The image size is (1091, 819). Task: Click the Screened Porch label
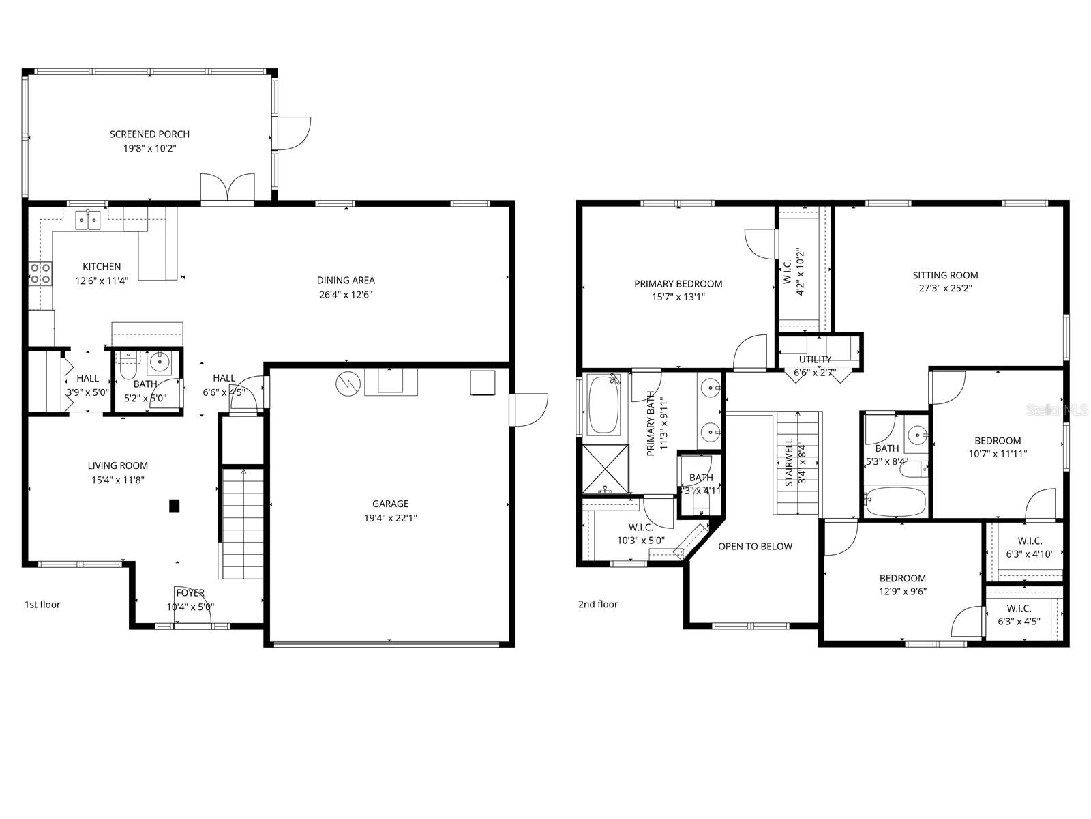150,134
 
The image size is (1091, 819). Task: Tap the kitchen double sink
87,220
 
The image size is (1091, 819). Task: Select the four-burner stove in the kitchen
40,274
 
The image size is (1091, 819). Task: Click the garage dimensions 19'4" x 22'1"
390,518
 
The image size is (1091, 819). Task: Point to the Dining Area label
346,280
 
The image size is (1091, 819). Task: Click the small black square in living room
175,506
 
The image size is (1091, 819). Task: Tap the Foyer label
190,593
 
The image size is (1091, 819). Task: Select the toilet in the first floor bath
128,365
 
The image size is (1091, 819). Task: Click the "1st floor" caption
42,605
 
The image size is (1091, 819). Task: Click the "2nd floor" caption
598,605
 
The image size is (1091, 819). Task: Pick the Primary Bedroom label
678,284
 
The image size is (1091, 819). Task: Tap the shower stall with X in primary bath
606,468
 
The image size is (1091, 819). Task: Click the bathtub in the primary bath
604,405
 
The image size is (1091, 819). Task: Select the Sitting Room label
945,276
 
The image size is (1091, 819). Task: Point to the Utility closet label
815,360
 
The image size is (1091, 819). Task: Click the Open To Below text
755,547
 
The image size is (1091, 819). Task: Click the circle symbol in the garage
347,384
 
